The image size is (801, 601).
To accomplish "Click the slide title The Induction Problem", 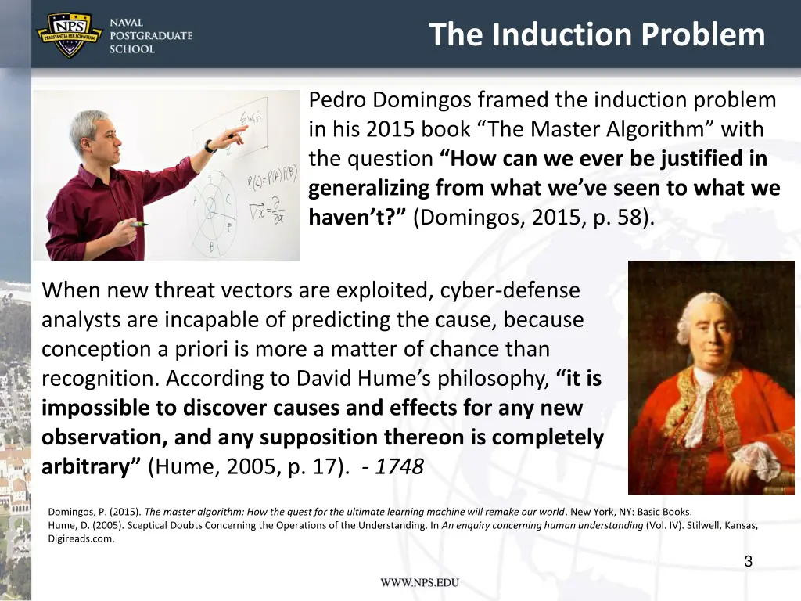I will point(597,35).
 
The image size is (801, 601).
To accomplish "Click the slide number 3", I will point(748,560).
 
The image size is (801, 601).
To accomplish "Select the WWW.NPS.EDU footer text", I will point(420,583).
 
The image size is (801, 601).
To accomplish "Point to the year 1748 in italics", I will point(399,467).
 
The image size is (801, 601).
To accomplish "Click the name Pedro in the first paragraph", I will point(337,100).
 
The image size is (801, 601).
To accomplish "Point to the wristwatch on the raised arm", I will point(210,146).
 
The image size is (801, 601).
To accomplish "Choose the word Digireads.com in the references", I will point(81,538).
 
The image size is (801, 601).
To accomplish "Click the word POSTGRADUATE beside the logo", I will point(150,36).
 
